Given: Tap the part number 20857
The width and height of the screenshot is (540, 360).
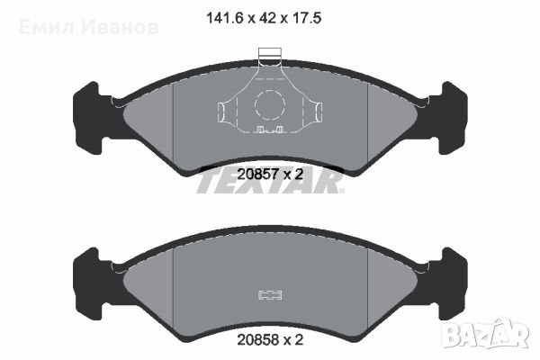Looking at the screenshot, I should [256, 173].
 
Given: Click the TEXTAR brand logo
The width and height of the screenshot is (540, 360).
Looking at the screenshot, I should [270, 184].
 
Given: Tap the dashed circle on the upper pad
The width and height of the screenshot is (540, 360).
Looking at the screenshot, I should [269, 106].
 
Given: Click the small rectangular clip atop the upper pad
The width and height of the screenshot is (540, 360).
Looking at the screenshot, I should [269, 55].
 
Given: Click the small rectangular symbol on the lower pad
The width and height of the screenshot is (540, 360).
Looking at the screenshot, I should [269, 295].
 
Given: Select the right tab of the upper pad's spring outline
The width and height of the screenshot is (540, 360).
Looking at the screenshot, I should [317, 112].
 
